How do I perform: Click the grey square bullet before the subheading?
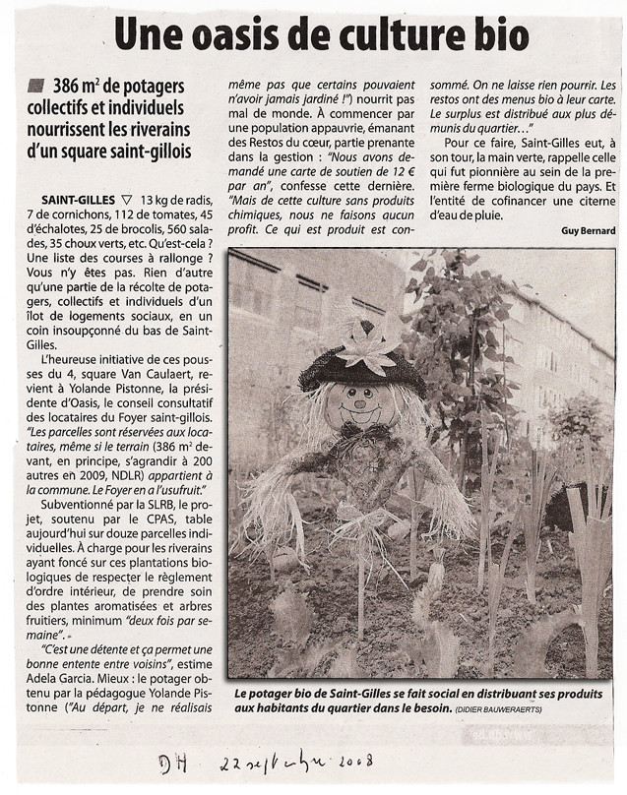(x=36, y=86)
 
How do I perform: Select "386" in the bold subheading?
(x=71, y=88)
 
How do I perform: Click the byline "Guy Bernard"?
(x=589, y=231)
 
